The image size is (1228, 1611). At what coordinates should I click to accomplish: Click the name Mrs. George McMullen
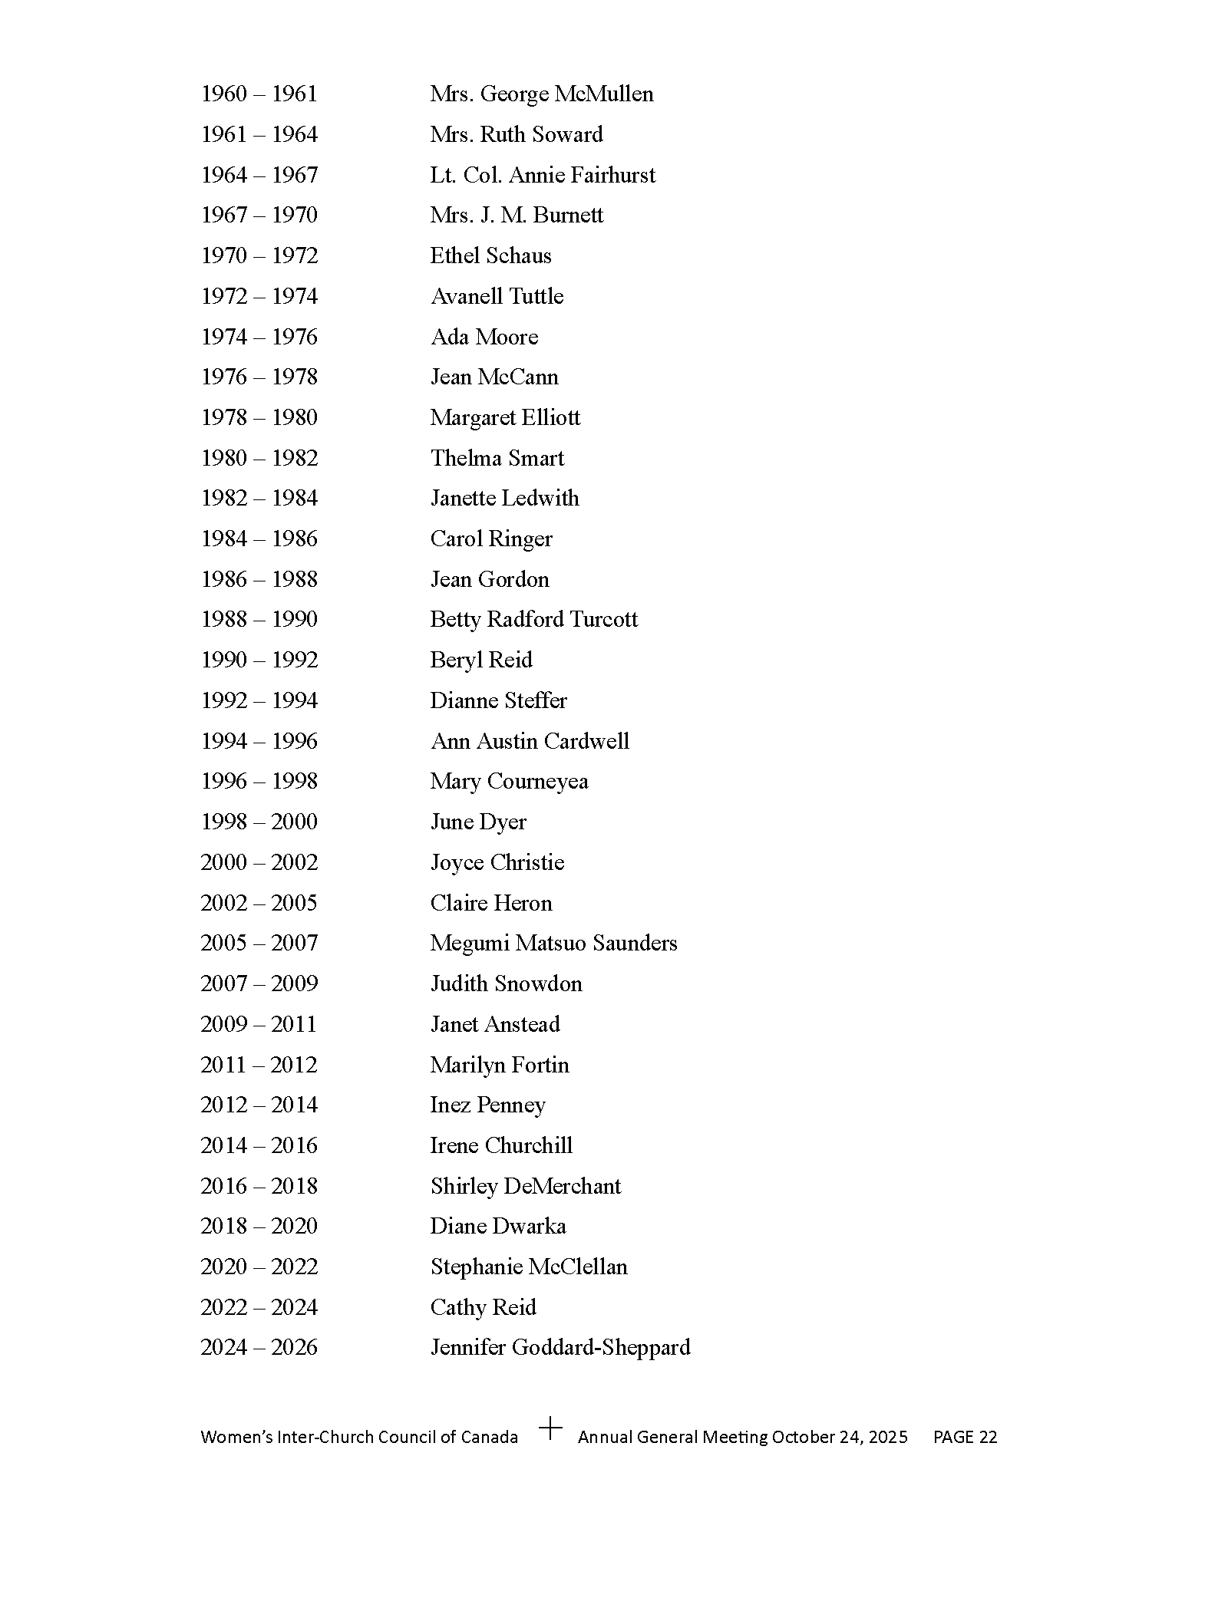coord(541,94)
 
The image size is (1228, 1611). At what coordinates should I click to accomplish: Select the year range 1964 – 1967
coord(259,175)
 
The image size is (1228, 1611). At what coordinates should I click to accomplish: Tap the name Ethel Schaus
coord(490,255)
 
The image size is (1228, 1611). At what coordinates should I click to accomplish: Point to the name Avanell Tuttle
coord(497,296)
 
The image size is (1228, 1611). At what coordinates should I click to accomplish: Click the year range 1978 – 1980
coord(259,417)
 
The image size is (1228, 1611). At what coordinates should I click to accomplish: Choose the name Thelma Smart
coord(497,458)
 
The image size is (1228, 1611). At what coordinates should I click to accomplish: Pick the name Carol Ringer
coord(490,539)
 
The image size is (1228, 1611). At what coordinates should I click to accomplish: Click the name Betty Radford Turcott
coord(533,619)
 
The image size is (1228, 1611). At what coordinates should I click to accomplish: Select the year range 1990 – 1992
coord(259,660)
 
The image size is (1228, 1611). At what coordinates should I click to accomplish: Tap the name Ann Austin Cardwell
coord(530,741)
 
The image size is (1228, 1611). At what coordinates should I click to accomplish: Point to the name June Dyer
coord(477,822)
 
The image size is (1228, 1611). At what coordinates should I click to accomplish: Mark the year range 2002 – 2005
coord(259,903)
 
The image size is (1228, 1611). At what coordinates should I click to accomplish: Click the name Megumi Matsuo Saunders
coord(553,943)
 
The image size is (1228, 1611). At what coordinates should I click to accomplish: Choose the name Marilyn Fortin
coord(499,1065)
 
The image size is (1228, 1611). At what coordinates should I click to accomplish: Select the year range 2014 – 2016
coord(259,1145)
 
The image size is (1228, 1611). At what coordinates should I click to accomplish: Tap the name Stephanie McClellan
coord(528,1267)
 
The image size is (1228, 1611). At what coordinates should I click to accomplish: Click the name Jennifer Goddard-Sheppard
coord(560,1347)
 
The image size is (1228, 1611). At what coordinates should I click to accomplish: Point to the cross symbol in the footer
coord(550,1428)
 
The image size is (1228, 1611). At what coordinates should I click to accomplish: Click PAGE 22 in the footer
coord(965,1437)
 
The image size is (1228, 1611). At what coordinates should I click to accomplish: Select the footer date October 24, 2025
coord(840,1437)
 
